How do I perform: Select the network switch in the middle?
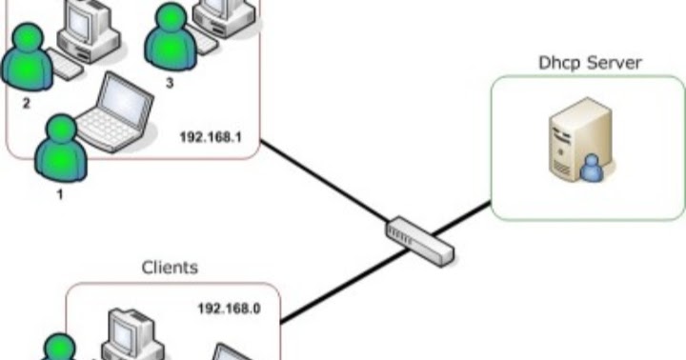point(420,241)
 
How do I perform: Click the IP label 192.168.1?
point(211,136)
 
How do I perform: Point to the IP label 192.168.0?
point(229,309)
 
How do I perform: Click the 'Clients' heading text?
point(170,268)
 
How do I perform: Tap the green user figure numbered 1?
point(60,149)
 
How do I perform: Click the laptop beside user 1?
point(114,110)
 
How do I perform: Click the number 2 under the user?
point(26,102)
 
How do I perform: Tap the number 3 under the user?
point(170,83)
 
